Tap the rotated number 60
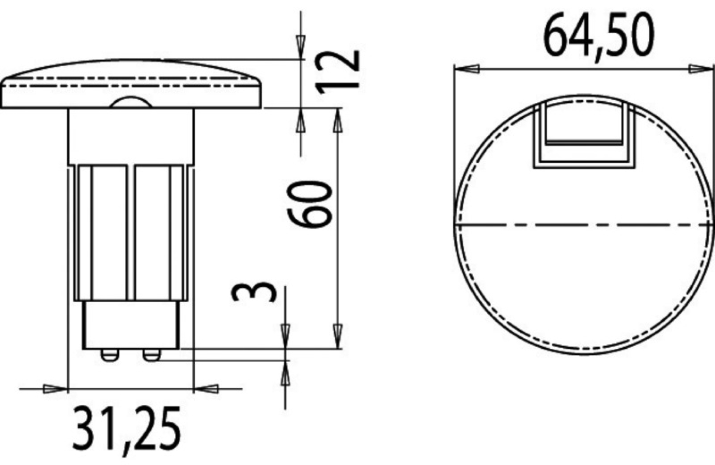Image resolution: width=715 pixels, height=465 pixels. tap(309, 204)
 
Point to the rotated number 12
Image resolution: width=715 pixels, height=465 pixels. tap(337, 72)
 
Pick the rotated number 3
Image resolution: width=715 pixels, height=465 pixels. tap(253, 291)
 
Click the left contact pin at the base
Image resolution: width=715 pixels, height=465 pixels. tap(110, 355)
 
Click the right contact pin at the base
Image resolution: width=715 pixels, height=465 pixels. tap(151, 355)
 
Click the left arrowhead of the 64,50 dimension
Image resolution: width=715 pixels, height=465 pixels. tap(467, 69)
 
